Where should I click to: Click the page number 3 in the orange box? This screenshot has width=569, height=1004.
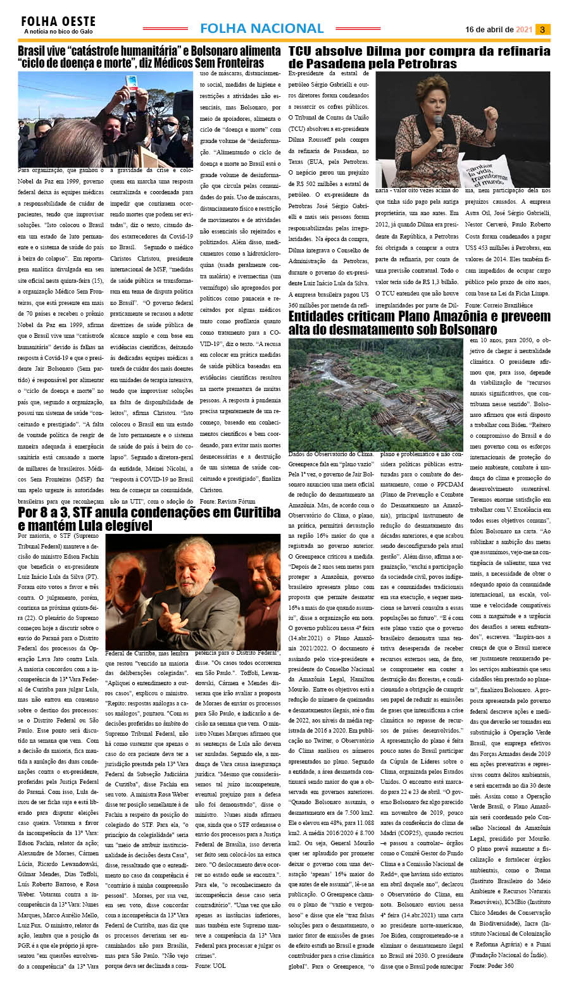pyautogui.click(x=542, y=29)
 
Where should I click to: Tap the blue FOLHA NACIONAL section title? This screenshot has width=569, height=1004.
pyautogui.click(x=261, y=28)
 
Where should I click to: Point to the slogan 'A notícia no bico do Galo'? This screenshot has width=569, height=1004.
pyautogui.click(x=58, y=31)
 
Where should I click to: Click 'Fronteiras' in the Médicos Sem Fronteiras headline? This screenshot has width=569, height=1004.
pyautogui.click(x=233, y=63)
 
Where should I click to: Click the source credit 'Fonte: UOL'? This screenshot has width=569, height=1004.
pyautogui.click(x=210, y=965)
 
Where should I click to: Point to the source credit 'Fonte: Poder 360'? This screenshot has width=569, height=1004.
pyautogui.click(x=492, y=965)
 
